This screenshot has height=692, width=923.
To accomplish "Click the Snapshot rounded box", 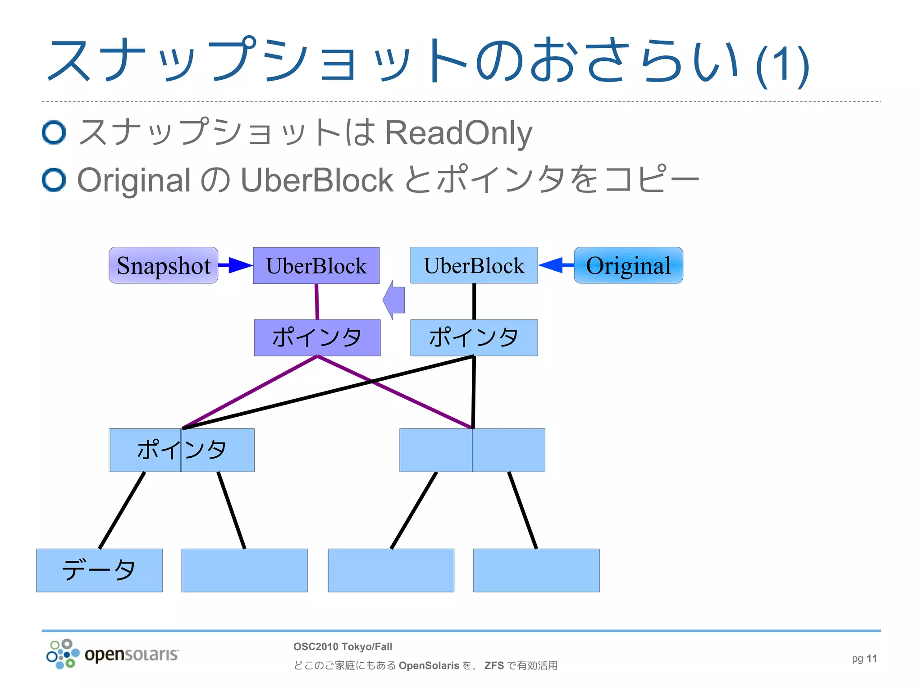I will pyautogui.click(x=163, y=265).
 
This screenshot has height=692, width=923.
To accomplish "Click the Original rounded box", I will pyautogui.click(x=628, y=265).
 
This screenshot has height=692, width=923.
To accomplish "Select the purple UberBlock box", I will pyautogui.click(x=316, y=265).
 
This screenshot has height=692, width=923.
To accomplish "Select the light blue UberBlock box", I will pyautogui.click(x=474, y=265).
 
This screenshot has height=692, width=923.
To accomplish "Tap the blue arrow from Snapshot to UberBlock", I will pyautogui.click(x=235, y=265).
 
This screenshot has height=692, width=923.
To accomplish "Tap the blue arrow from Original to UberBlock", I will pyautogui.click(x=555, y=265).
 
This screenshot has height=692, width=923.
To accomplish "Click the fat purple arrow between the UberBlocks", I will pyautogui.click(x=394, y=300).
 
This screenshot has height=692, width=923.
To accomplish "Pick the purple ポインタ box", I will pyautogui.click(x=317, y=338).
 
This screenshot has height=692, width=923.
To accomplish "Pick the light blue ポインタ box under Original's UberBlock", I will pyautogui.click(x=474, y=338).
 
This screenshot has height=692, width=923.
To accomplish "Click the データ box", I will pyautogui.click(x=99, y=570).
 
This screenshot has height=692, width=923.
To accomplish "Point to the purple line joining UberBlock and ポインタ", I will pyautogui.click(x=317, y=301).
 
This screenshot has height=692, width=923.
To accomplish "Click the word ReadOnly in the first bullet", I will pyautogui.click(x=458, y=133).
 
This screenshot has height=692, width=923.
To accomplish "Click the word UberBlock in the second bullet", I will pyautogui.click(x=317, y=180).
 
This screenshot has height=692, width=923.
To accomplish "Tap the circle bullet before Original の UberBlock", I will pyautogui.click(x=54, y=180).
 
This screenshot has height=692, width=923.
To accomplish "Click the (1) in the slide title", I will pyautogui.click(x=783, y=65).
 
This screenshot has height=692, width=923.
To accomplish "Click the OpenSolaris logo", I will pyautogui.click(x=113, y=654).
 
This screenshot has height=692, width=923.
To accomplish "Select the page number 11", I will pyautogui.click(x=872, y=659).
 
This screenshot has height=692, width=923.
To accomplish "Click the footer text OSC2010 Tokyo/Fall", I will pyautogui.click(x=343, y=646).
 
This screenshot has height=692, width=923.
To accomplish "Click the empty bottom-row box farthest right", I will pyautogui.click(x=536, y=570).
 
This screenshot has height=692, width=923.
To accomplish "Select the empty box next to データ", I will pyautogui.click(x=244, y=570).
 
